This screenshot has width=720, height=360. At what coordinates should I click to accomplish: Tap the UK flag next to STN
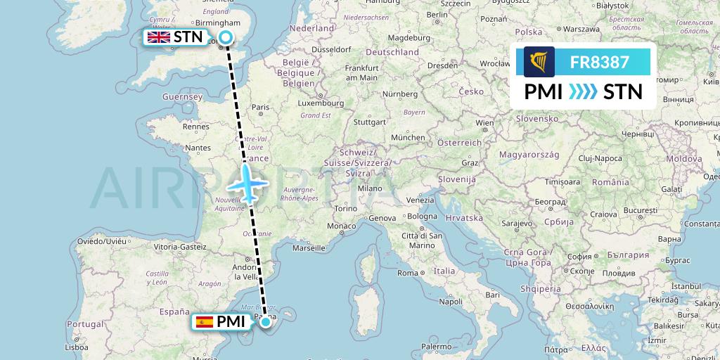pos(158,37)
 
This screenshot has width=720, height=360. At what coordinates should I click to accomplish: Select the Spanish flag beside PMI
pos(204,322)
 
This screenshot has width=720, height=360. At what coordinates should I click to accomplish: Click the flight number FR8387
pos(599,62)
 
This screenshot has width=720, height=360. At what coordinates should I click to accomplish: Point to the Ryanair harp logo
pos(539,62)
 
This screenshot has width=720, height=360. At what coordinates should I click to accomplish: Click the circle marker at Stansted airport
pos(226,38)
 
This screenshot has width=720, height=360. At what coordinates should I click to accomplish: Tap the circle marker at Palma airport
pos(264,322)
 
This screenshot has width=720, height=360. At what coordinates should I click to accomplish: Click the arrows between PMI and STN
pos(581,92)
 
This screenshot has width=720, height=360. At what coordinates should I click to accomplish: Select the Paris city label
pos(261,108)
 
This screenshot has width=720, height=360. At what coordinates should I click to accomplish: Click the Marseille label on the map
pos(309,247)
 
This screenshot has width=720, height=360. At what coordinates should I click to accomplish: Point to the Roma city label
pos(409,273)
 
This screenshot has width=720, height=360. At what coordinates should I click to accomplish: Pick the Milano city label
pos(369,188)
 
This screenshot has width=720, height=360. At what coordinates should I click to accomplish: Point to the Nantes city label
pos(197,148)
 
